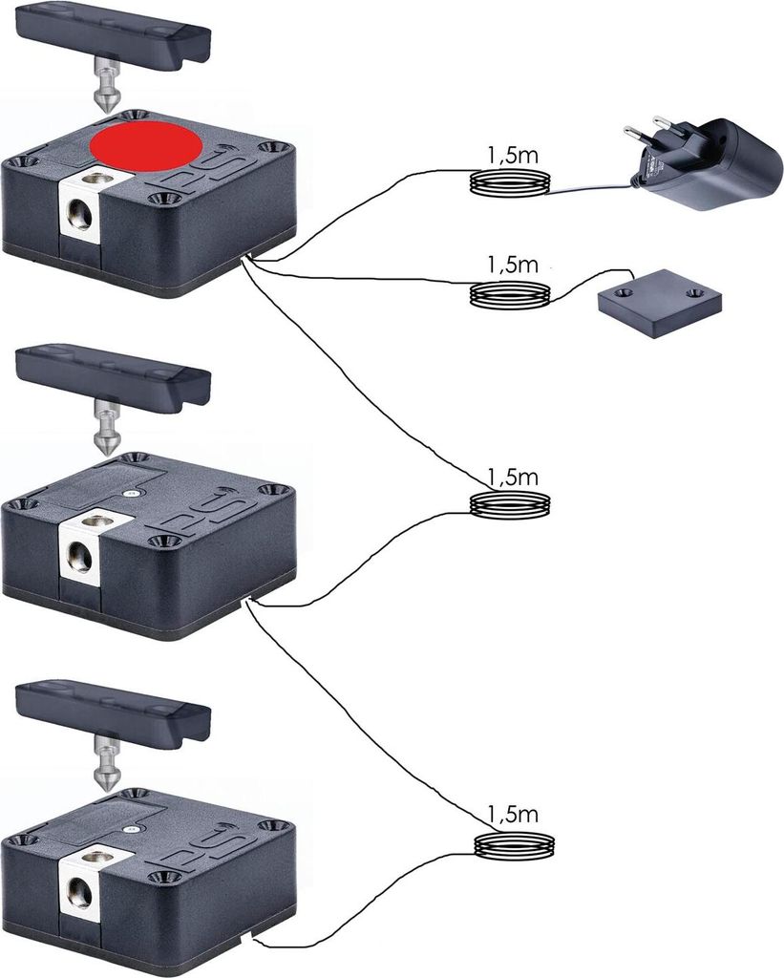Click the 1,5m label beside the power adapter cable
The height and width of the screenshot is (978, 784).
(x=511, y=156)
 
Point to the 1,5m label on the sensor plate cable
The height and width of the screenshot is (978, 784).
(x=511, y=265)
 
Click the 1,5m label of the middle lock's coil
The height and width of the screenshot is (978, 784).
(x=512, y=476)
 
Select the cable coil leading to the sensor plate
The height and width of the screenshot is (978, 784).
(x=511, y=294)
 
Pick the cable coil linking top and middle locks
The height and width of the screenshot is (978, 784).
(x=512, y=505)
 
